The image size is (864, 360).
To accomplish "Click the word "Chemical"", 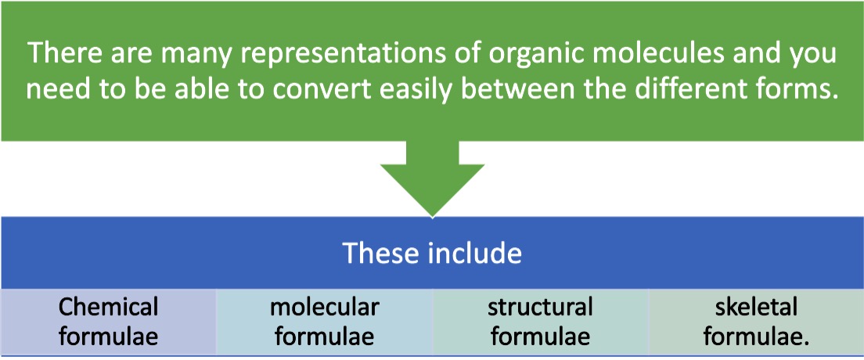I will click(108, 307).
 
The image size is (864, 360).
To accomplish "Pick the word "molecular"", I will click(324, 307).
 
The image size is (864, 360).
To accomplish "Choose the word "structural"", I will click(540, 307).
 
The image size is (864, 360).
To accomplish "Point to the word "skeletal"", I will click(756, 307).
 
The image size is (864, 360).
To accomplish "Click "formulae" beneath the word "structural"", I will click(540, 337).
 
